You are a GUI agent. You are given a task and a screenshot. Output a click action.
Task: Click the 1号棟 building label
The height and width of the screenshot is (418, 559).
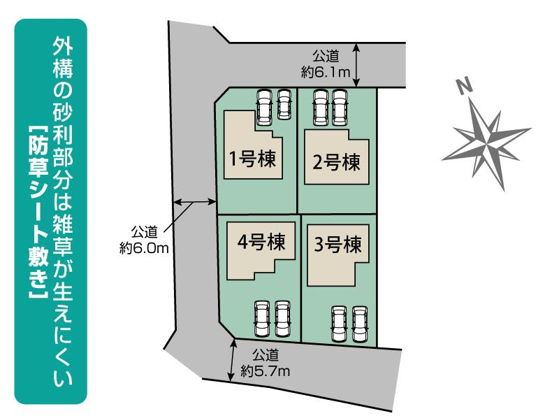(252, 159)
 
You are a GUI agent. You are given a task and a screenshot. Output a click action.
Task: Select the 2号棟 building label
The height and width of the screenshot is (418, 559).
(336, 162)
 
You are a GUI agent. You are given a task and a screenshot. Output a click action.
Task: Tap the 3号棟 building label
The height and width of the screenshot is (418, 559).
(337, 245)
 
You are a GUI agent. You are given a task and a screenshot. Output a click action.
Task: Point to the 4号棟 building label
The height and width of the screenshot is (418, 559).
(261, 242)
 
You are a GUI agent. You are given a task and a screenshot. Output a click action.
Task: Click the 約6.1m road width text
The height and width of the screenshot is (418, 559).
(326, 73)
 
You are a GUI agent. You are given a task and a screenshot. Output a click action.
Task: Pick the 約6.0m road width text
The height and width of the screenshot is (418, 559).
(144, 248)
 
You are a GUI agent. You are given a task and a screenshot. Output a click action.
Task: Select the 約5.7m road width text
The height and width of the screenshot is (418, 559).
(265, 371)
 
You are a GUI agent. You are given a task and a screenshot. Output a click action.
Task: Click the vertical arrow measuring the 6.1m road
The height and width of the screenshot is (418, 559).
(357, 65)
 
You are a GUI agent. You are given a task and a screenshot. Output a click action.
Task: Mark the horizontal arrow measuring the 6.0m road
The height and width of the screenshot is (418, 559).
(195, 202)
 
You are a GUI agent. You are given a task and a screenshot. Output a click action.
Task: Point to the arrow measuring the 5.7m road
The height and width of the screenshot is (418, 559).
(233, 359)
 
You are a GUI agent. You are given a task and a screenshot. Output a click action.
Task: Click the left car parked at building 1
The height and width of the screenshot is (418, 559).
(265, 107)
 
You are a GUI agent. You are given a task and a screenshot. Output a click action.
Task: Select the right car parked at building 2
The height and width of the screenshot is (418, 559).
(340, 108)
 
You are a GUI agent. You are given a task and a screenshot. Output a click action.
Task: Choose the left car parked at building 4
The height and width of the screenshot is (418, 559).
(262, 319)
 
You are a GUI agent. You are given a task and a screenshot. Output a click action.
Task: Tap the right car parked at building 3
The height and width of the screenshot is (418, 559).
(360, 324)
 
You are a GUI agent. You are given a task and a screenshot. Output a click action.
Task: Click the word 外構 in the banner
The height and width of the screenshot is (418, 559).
(63, 57)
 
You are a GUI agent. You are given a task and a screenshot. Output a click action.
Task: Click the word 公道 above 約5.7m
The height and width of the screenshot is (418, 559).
(266, 355)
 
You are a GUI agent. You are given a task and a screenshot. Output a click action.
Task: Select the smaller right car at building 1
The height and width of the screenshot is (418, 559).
(284, 103)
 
